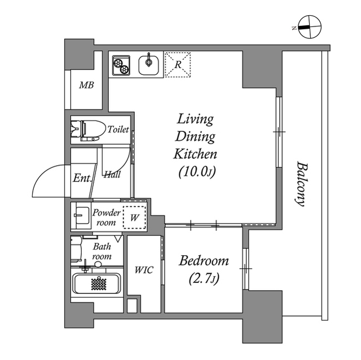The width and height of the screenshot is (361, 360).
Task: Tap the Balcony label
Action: coord(301,185)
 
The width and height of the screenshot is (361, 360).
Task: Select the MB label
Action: coord(86,86)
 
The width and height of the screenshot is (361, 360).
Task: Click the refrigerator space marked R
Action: coord(178,64)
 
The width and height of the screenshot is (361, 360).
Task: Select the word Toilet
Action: coord(118,130)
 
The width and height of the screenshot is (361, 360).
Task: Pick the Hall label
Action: coord(112,175)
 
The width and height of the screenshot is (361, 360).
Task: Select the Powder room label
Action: coord(106,217)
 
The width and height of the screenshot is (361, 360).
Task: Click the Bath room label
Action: coord(102,251)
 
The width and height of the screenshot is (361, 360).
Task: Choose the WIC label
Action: coord(143,269)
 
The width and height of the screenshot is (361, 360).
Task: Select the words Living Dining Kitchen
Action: coord(195,136)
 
